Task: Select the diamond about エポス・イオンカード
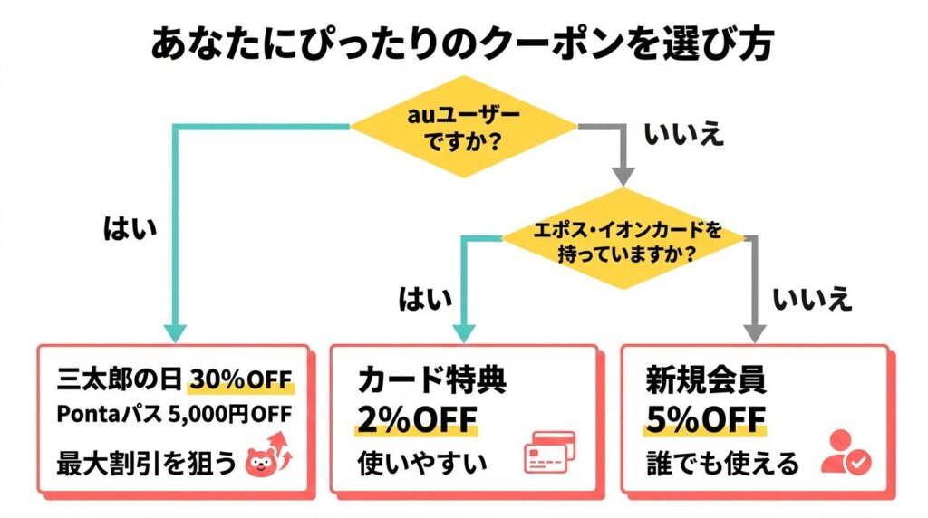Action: (622, 241)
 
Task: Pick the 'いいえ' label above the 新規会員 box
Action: (812, 298)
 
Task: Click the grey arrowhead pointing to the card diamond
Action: (623, 174)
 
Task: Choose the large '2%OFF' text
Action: (418, 420)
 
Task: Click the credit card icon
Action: (549, 453)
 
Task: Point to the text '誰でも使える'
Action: (722, 464)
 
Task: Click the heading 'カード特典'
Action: (431, 379)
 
